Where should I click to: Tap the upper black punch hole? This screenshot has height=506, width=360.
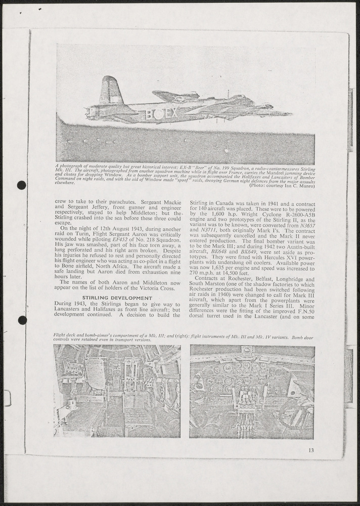21,185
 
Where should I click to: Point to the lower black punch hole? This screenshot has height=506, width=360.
22,320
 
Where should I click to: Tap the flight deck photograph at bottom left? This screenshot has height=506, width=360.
117,391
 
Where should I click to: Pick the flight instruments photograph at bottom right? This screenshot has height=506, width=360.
252,391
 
